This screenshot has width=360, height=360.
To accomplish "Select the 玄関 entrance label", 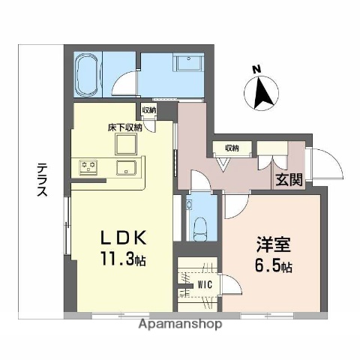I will pyautogui.click(x=289, y=180).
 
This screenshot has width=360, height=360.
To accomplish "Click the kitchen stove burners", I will pyautogui.click(x=88, y=166).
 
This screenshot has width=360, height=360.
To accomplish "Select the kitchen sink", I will pyautogui.click(x=124, y=166).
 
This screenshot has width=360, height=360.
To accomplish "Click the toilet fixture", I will pyautogui.click(x=199, y=225).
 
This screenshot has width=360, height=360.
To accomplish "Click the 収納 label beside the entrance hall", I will pyautogui.click(x=230, y=148).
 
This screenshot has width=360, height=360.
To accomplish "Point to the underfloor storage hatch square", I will pyautogui.click(x=124, y=145).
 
